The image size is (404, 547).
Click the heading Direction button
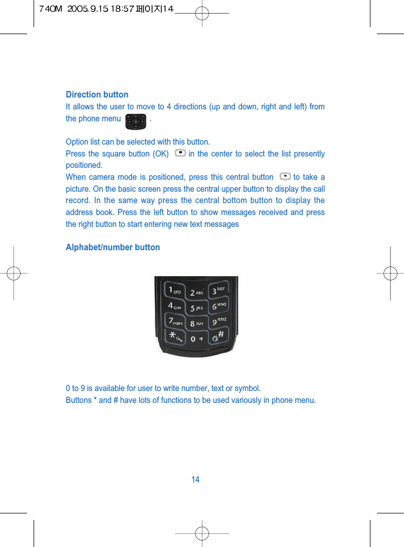point(97,95)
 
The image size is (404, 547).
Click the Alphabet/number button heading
point(113,248)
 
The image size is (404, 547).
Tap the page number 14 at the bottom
point(196,480)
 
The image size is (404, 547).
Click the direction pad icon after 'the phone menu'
point(135,121)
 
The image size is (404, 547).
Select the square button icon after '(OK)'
point(180,154)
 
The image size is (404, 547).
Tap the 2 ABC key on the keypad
point(197,292)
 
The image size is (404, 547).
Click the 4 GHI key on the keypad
point(174,307)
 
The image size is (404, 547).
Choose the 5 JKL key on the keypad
point(197,309)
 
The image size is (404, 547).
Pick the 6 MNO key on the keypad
point(219,306)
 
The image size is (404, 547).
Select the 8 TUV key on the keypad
point(197,323)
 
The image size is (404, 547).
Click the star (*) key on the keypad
point(175,337)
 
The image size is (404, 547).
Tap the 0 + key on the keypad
point(197,338)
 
